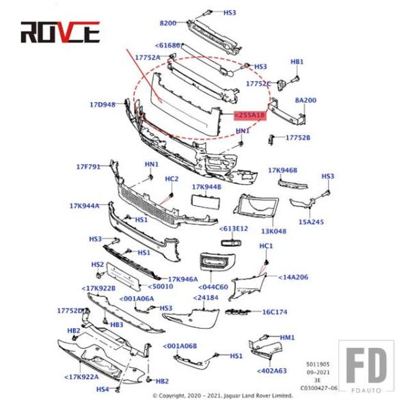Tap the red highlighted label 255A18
[x=249, y=116]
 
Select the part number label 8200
[x=168, y=23]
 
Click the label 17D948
[x=102, y=105]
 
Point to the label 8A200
[x=305, y=100]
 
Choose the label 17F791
[x=88, y=166]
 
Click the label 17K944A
[x=84, y=205]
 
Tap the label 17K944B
[x=206, y=187]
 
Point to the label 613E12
[x=234, y=229]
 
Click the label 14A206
[x=292, y=277]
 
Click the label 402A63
[x=271, y=371]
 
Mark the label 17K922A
[x=82, y=377]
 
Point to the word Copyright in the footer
[x=179, y=396]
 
